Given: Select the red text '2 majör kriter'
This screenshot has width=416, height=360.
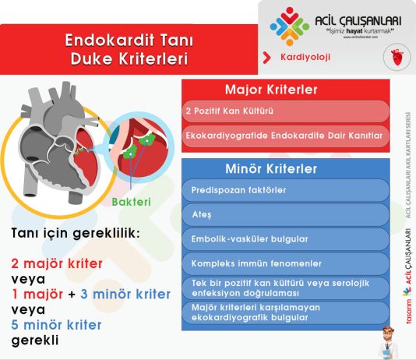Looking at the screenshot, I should coord(57,263).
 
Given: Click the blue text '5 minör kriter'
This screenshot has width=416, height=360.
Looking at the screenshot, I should coord(56,325).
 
